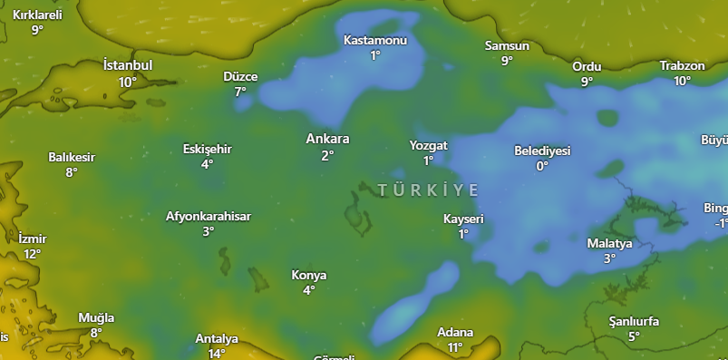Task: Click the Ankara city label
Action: coord(327,139)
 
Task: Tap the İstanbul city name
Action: coord(128,65)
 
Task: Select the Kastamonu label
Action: coord(375,40)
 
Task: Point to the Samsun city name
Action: coord(507,45)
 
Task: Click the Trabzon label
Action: coord(682,65)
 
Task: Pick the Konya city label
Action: coord(309,275)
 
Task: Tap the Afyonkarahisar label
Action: coord(209,216)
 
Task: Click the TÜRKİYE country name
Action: coord(427,189)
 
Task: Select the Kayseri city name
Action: coord(463,219)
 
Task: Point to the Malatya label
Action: coord(609,243)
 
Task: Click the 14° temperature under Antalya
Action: coord(217,354)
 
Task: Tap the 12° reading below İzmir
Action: coord(32,254)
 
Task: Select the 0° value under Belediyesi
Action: coord(541,166)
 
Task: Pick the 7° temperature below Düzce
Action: coord(240,92)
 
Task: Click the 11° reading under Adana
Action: coord(455,347)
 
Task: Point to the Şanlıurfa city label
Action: coord(634,322)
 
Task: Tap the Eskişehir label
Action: coord(208,149)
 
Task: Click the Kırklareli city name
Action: coord(37,15)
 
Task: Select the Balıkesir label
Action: coord(72,157)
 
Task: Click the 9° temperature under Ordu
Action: coord(587,82)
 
